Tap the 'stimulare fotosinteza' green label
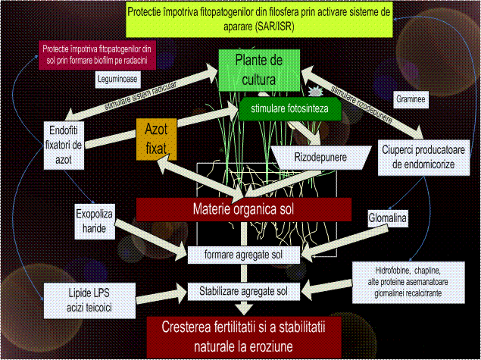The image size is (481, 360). pyautogui.click(x=290, y=109)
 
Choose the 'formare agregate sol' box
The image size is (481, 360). pyautogui.click(x=244, y=255)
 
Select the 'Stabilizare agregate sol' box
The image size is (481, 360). pyautogui.click(x=244, y=290)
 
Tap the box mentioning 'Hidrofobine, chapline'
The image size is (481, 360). pyautogui.click(x=408, y=282)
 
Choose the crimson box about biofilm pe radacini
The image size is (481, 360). pyautogui.click(x=95, y=54)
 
